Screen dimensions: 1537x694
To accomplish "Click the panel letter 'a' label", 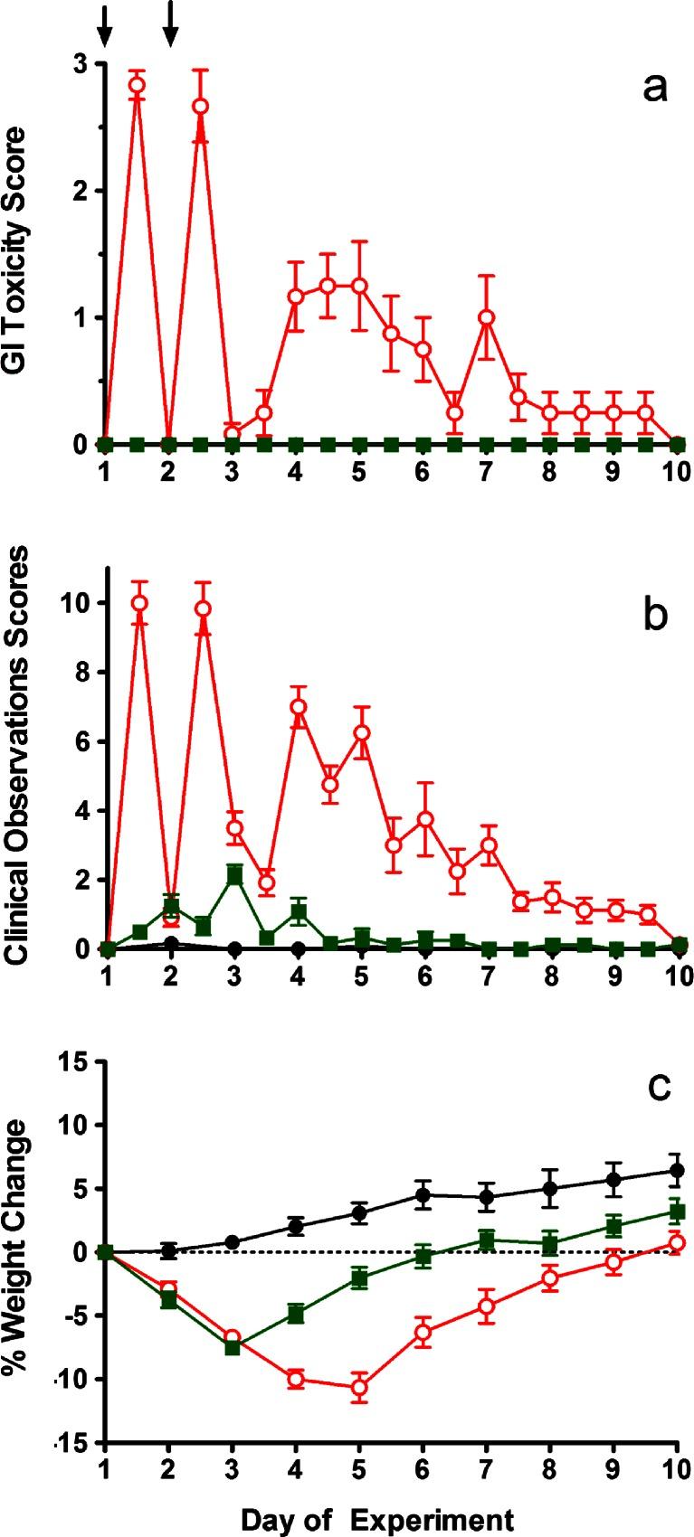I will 654,89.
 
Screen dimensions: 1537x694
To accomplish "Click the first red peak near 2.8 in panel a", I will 137,85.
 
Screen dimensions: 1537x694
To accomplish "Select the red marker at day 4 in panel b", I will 297,707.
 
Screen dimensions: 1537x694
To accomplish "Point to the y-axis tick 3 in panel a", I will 81,64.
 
